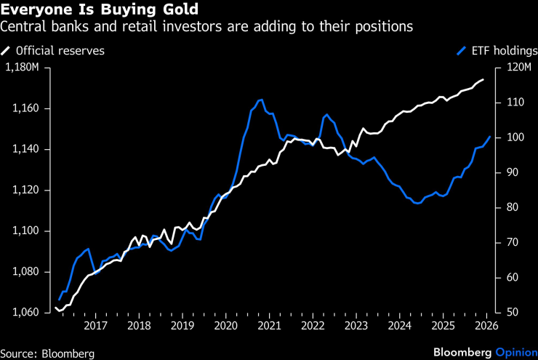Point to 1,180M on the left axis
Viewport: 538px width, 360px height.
point(25,68)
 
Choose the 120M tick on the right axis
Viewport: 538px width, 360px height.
point(512,68)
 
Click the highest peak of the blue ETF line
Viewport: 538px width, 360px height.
point(261,99)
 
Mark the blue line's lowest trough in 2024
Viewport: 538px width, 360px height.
point(417,204)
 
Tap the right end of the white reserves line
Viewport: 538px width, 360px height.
point(483,79)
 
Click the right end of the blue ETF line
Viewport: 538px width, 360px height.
point(490,137)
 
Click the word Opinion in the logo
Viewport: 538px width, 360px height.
point(516,352)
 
